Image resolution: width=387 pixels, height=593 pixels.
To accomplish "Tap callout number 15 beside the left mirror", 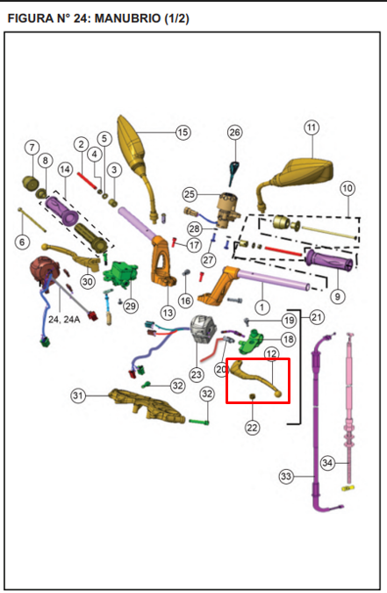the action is (183, 133).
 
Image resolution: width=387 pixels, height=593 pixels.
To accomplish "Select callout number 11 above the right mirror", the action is (312, 127).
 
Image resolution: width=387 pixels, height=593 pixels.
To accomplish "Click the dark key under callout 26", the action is (233, 172).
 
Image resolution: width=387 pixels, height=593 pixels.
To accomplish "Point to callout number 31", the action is (78, 395).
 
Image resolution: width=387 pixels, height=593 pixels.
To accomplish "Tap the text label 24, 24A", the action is (64, 320).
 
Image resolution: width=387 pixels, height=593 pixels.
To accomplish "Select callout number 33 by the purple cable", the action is (286, 476).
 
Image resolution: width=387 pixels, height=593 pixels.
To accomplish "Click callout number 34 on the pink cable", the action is (327, 462).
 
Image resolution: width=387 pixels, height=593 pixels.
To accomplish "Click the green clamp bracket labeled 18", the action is (251, 341).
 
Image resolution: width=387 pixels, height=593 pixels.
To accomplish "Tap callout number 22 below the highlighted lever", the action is (252, 428).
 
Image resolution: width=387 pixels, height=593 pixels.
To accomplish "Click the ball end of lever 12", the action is (278, 394).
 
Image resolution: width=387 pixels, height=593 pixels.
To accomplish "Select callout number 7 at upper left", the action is (32, 148).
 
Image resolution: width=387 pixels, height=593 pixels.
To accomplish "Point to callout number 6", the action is (22, 242).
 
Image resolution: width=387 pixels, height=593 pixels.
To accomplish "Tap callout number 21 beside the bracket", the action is (316, 317).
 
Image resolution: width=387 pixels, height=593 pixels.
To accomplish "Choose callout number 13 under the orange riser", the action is (168, 313).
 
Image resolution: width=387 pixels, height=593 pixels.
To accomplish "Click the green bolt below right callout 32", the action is (199, 422).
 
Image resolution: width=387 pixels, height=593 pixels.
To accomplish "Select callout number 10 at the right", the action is (348, 188).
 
